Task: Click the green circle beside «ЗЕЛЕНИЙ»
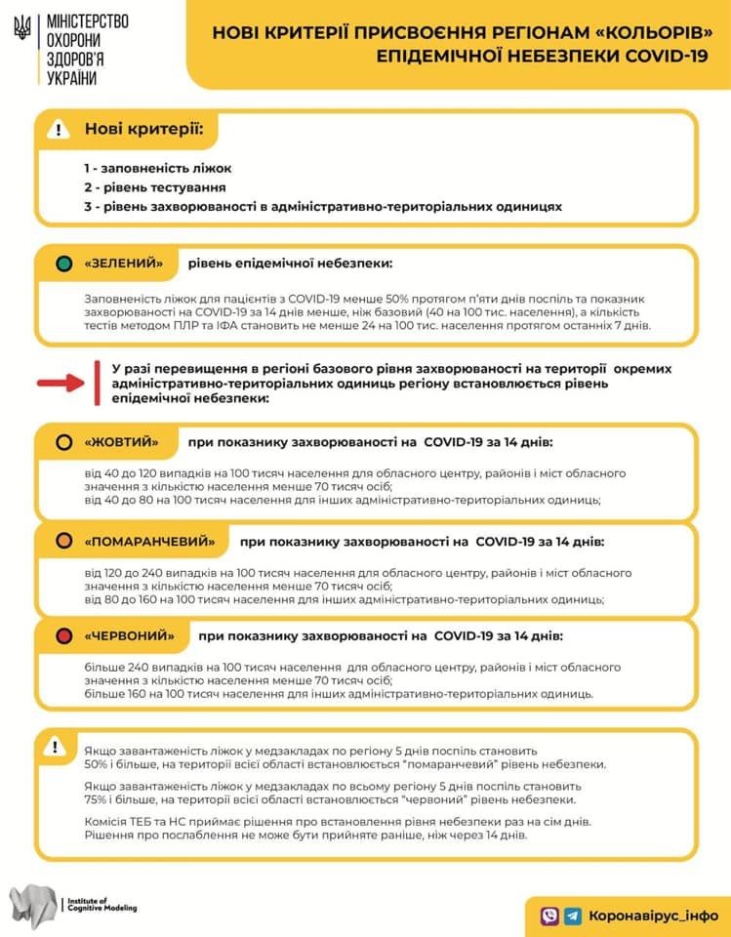click(64, 264)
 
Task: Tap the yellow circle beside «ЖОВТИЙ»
click(64, 442)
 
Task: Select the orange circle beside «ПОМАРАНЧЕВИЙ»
click(64, 541)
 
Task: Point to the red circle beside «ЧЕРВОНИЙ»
click(64, 636)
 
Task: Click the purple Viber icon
click(549, 916)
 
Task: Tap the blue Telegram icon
click(573, 916)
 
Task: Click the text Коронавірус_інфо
click(653, 916)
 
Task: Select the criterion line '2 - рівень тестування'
click(154, 187)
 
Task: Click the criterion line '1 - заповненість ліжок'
click(157, 168)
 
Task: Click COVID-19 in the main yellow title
click(662, 55)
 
